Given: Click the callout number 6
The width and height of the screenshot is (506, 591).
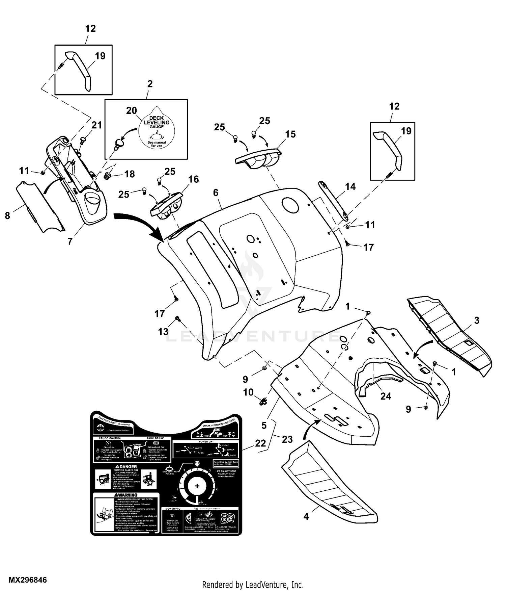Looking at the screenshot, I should point(216,193).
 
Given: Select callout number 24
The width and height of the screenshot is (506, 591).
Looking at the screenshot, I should point(386,396).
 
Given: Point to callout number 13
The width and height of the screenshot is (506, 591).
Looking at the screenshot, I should point(163,332).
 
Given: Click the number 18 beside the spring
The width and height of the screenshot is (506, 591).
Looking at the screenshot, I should point(130,174).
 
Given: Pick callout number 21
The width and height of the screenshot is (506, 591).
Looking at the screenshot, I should point(96,125).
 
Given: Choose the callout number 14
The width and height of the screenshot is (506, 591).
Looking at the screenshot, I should point(350,186).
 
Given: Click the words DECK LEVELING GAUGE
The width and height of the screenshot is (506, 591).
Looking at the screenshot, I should point(157,122).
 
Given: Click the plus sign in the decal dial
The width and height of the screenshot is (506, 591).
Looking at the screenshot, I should point(197,486).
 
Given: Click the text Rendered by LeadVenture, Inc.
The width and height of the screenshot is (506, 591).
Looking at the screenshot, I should point(253,584).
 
